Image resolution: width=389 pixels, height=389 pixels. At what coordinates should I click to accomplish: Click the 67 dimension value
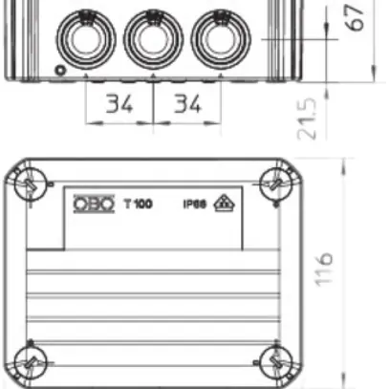[x=358, y=21]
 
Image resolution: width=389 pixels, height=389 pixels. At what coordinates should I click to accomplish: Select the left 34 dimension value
[x=119, y=105]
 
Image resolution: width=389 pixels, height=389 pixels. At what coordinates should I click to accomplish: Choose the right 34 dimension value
[x=186, y=105]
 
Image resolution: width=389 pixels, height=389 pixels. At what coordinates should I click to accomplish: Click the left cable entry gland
[x=85, y=37]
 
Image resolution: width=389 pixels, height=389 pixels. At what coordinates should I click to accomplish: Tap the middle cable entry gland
[x=152, y=37]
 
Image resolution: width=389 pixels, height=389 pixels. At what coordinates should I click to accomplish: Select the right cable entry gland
[x=219, y=37]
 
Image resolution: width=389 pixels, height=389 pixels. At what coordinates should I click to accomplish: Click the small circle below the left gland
[x=60, y=70]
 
